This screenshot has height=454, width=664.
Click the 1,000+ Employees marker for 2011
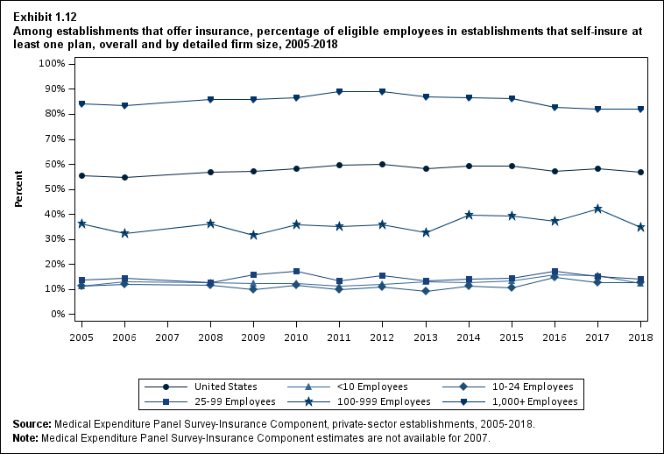339,91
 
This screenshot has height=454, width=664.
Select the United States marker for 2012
382,164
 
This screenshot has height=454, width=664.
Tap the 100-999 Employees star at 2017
597,209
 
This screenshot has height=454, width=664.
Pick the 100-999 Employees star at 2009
253,235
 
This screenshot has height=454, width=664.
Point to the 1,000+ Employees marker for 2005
82,103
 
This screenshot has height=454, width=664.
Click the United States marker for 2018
640,173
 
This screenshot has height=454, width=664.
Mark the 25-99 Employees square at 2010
296,271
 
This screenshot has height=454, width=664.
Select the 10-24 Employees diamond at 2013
425,291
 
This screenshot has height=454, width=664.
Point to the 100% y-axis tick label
52,64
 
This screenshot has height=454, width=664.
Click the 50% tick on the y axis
54,189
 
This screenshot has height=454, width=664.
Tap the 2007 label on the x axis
167,337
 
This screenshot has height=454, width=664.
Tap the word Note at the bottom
26,436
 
